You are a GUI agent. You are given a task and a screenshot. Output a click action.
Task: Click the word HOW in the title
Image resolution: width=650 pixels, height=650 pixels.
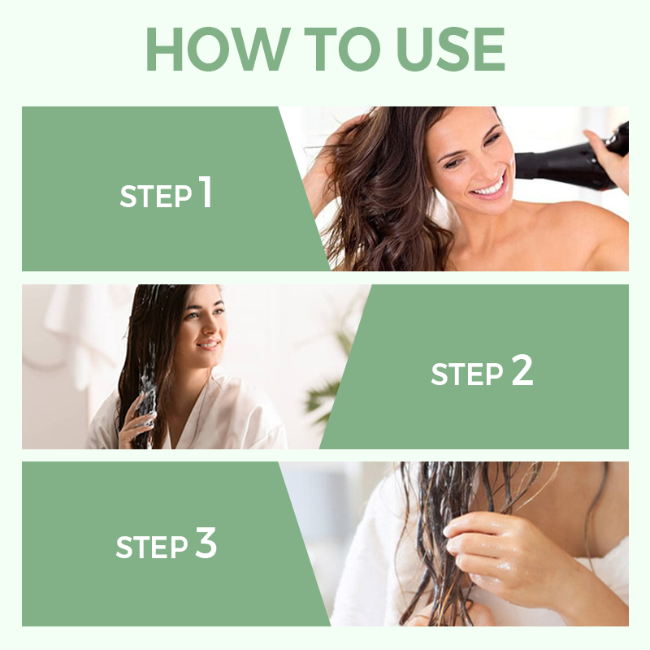tap(218, 50)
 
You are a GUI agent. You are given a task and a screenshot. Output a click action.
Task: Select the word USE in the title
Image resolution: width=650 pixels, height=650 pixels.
tap(451, 50)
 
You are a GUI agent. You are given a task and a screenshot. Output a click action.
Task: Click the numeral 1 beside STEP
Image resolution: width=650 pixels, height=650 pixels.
tap(206, 192)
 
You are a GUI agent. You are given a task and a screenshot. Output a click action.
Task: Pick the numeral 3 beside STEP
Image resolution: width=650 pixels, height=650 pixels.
tap(206, 542)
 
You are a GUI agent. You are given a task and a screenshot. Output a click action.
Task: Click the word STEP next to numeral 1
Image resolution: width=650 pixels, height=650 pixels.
tap(156, 196)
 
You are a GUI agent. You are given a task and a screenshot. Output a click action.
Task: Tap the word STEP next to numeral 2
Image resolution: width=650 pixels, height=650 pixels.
tap(467, 374)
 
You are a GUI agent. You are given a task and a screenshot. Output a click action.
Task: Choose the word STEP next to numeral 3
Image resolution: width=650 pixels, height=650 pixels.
tap(152, 547)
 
